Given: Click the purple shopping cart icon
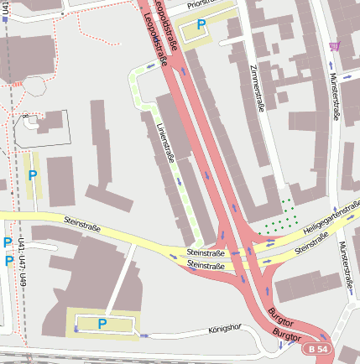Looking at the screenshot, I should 336,46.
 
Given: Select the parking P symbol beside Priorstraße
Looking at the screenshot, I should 201,25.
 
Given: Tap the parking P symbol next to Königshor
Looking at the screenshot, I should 102,323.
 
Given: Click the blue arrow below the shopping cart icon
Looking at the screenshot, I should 334,65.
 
